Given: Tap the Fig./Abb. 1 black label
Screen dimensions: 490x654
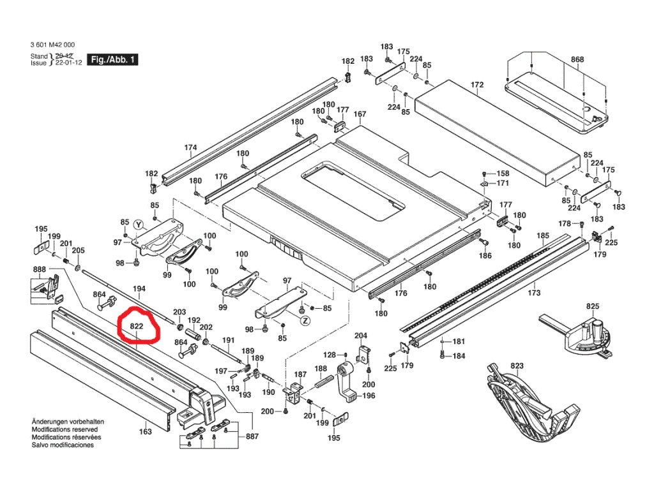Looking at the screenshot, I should pos(112,59).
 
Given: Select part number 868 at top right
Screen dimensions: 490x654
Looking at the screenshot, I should pos(577,59).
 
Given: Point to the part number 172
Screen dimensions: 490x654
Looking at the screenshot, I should pos(477,84).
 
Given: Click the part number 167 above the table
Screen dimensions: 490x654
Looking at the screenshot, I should pos(360,115).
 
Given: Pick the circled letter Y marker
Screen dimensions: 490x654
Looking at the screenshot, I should pos(137,224).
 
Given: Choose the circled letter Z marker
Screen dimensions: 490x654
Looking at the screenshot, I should pos(305,320).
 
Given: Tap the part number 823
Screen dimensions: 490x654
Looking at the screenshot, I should pos(517,366).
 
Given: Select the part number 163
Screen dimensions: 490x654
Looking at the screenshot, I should pos(146,432).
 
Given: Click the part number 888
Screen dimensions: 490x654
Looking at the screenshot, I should pos(40,270).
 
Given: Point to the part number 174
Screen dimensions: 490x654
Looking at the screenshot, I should pos(190,148).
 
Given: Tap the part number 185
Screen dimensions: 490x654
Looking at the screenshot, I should pos(543,236).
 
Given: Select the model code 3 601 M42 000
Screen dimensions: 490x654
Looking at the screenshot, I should pos(52,45).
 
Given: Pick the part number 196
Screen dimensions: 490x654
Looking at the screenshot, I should pos(369,396).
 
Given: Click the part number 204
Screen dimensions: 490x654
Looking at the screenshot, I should pos(361,336).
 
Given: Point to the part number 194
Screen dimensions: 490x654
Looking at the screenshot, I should pos(139,290).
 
